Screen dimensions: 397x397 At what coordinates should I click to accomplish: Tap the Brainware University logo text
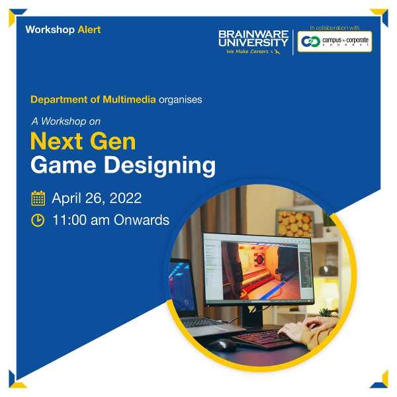253,38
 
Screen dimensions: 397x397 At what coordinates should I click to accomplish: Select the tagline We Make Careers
248,52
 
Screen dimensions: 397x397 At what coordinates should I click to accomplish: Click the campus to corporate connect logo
334,41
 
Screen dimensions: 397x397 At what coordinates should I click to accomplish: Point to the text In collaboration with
334,27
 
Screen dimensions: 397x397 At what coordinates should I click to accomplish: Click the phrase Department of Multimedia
93,100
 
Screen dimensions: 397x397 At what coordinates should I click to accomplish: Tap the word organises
181,100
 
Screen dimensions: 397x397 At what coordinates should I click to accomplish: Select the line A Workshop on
66,121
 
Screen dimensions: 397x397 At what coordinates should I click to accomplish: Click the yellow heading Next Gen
83,141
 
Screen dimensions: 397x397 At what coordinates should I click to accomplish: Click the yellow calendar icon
38,198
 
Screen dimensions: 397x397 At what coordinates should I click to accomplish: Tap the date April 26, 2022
97,198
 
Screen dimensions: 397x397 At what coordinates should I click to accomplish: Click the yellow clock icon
38,220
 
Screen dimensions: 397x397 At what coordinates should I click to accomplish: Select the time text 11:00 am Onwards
110,220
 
